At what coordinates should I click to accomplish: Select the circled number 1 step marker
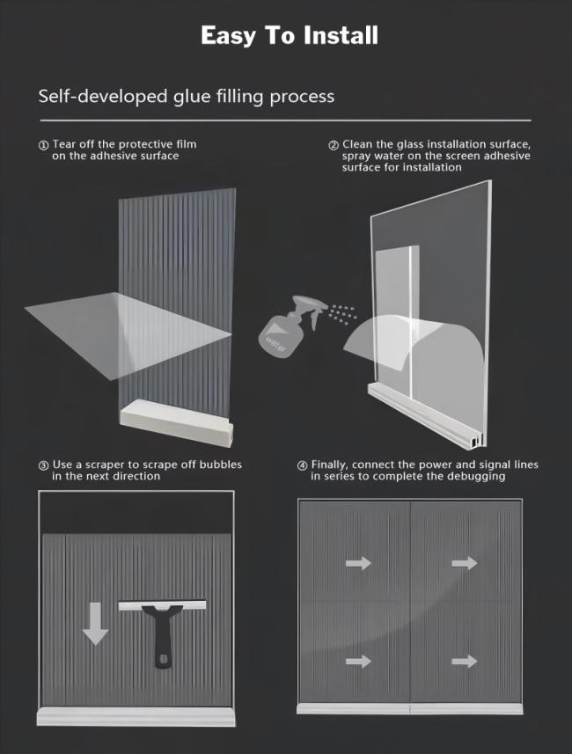(43, 145)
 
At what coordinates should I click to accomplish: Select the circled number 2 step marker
(334, 145)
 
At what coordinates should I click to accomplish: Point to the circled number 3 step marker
(43, 465)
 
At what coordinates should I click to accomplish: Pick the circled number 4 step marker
(302, 465)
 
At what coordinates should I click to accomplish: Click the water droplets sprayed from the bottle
(343, 314)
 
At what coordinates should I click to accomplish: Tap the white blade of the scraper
(162, 604)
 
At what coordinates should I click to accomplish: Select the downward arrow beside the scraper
(95, 623)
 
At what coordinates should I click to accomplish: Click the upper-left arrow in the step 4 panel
(358, 562)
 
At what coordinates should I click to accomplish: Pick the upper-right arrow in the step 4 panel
(465, 562)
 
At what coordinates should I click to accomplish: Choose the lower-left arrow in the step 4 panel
(358, 662)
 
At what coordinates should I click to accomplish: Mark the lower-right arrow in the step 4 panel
(465, 662)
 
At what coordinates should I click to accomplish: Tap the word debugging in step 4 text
(476, 477)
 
